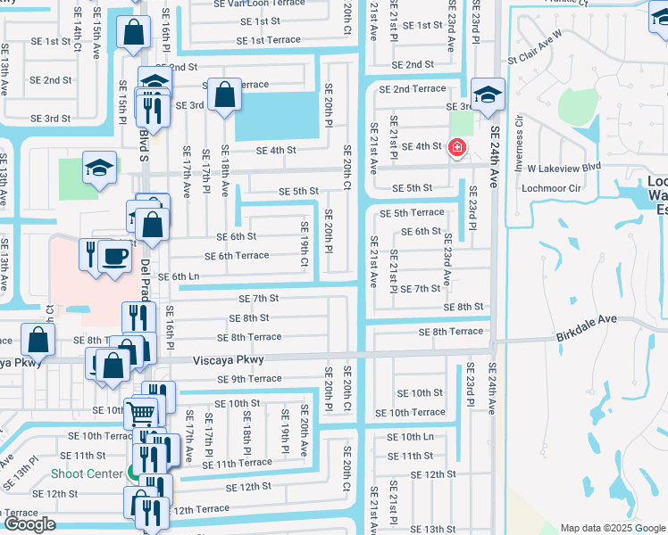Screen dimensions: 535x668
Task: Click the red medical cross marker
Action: [x=456, y=146]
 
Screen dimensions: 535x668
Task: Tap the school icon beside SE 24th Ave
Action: [x=488, y=95]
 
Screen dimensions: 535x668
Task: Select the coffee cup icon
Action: [x=113, y=256]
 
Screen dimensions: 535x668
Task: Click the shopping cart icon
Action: [x=141, y=412]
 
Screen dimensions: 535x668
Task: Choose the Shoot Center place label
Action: [x=87, y=473]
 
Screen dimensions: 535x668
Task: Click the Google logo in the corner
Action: [x=29, y=524]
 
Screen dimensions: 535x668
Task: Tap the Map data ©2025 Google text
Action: [x=613, y=528]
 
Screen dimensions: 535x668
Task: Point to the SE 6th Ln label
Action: [x=179, y=277]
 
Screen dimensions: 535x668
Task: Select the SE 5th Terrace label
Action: [x=412, y=213]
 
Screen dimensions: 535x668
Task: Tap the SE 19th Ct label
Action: [x=304, y=250]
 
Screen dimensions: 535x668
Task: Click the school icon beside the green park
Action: [x=99, y=167]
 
